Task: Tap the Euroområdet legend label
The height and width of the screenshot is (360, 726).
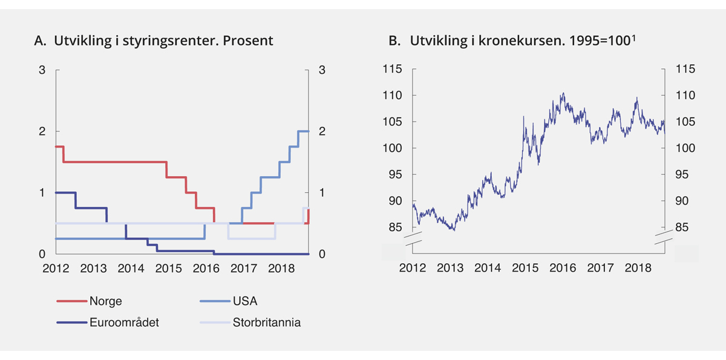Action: [123, 322]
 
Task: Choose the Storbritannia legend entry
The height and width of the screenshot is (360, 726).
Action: [266, 322]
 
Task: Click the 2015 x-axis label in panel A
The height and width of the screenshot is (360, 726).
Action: [168, 268]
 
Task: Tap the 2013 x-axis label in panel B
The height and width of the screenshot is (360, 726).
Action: [450, 268]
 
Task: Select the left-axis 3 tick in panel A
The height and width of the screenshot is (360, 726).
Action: [42, 70]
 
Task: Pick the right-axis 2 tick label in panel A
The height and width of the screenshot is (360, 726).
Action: [322, 131]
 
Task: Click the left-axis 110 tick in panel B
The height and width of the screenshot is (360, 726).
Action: [393, 96]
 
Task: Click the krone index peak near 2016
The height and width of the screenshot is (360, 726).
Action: [563, 93]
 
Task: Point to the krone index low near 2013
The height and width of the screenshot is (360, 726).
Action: [452, 230]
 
